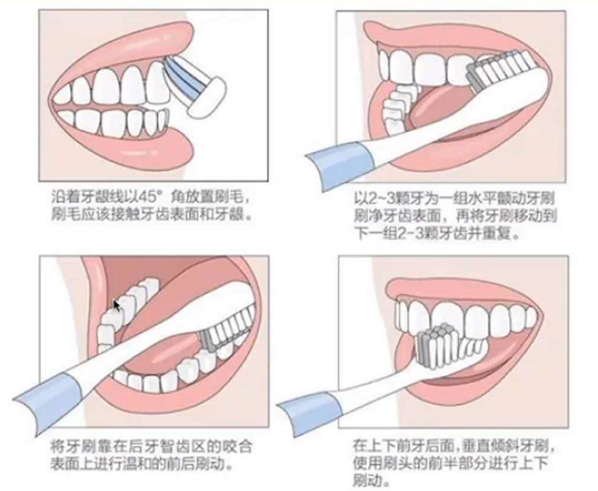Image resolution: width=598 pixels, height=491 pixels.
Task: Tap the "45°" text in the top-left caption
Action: tap(144, 197)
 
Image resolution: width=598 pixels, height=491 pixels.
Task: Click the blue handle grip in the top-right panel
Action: tap(340, 164)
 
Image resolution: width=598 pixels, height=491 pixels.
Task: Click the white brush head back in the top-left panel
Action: tap(206, 98)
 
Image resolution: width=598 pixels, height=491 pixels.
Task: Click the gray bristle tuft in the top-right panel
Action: tap(474, 79)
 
